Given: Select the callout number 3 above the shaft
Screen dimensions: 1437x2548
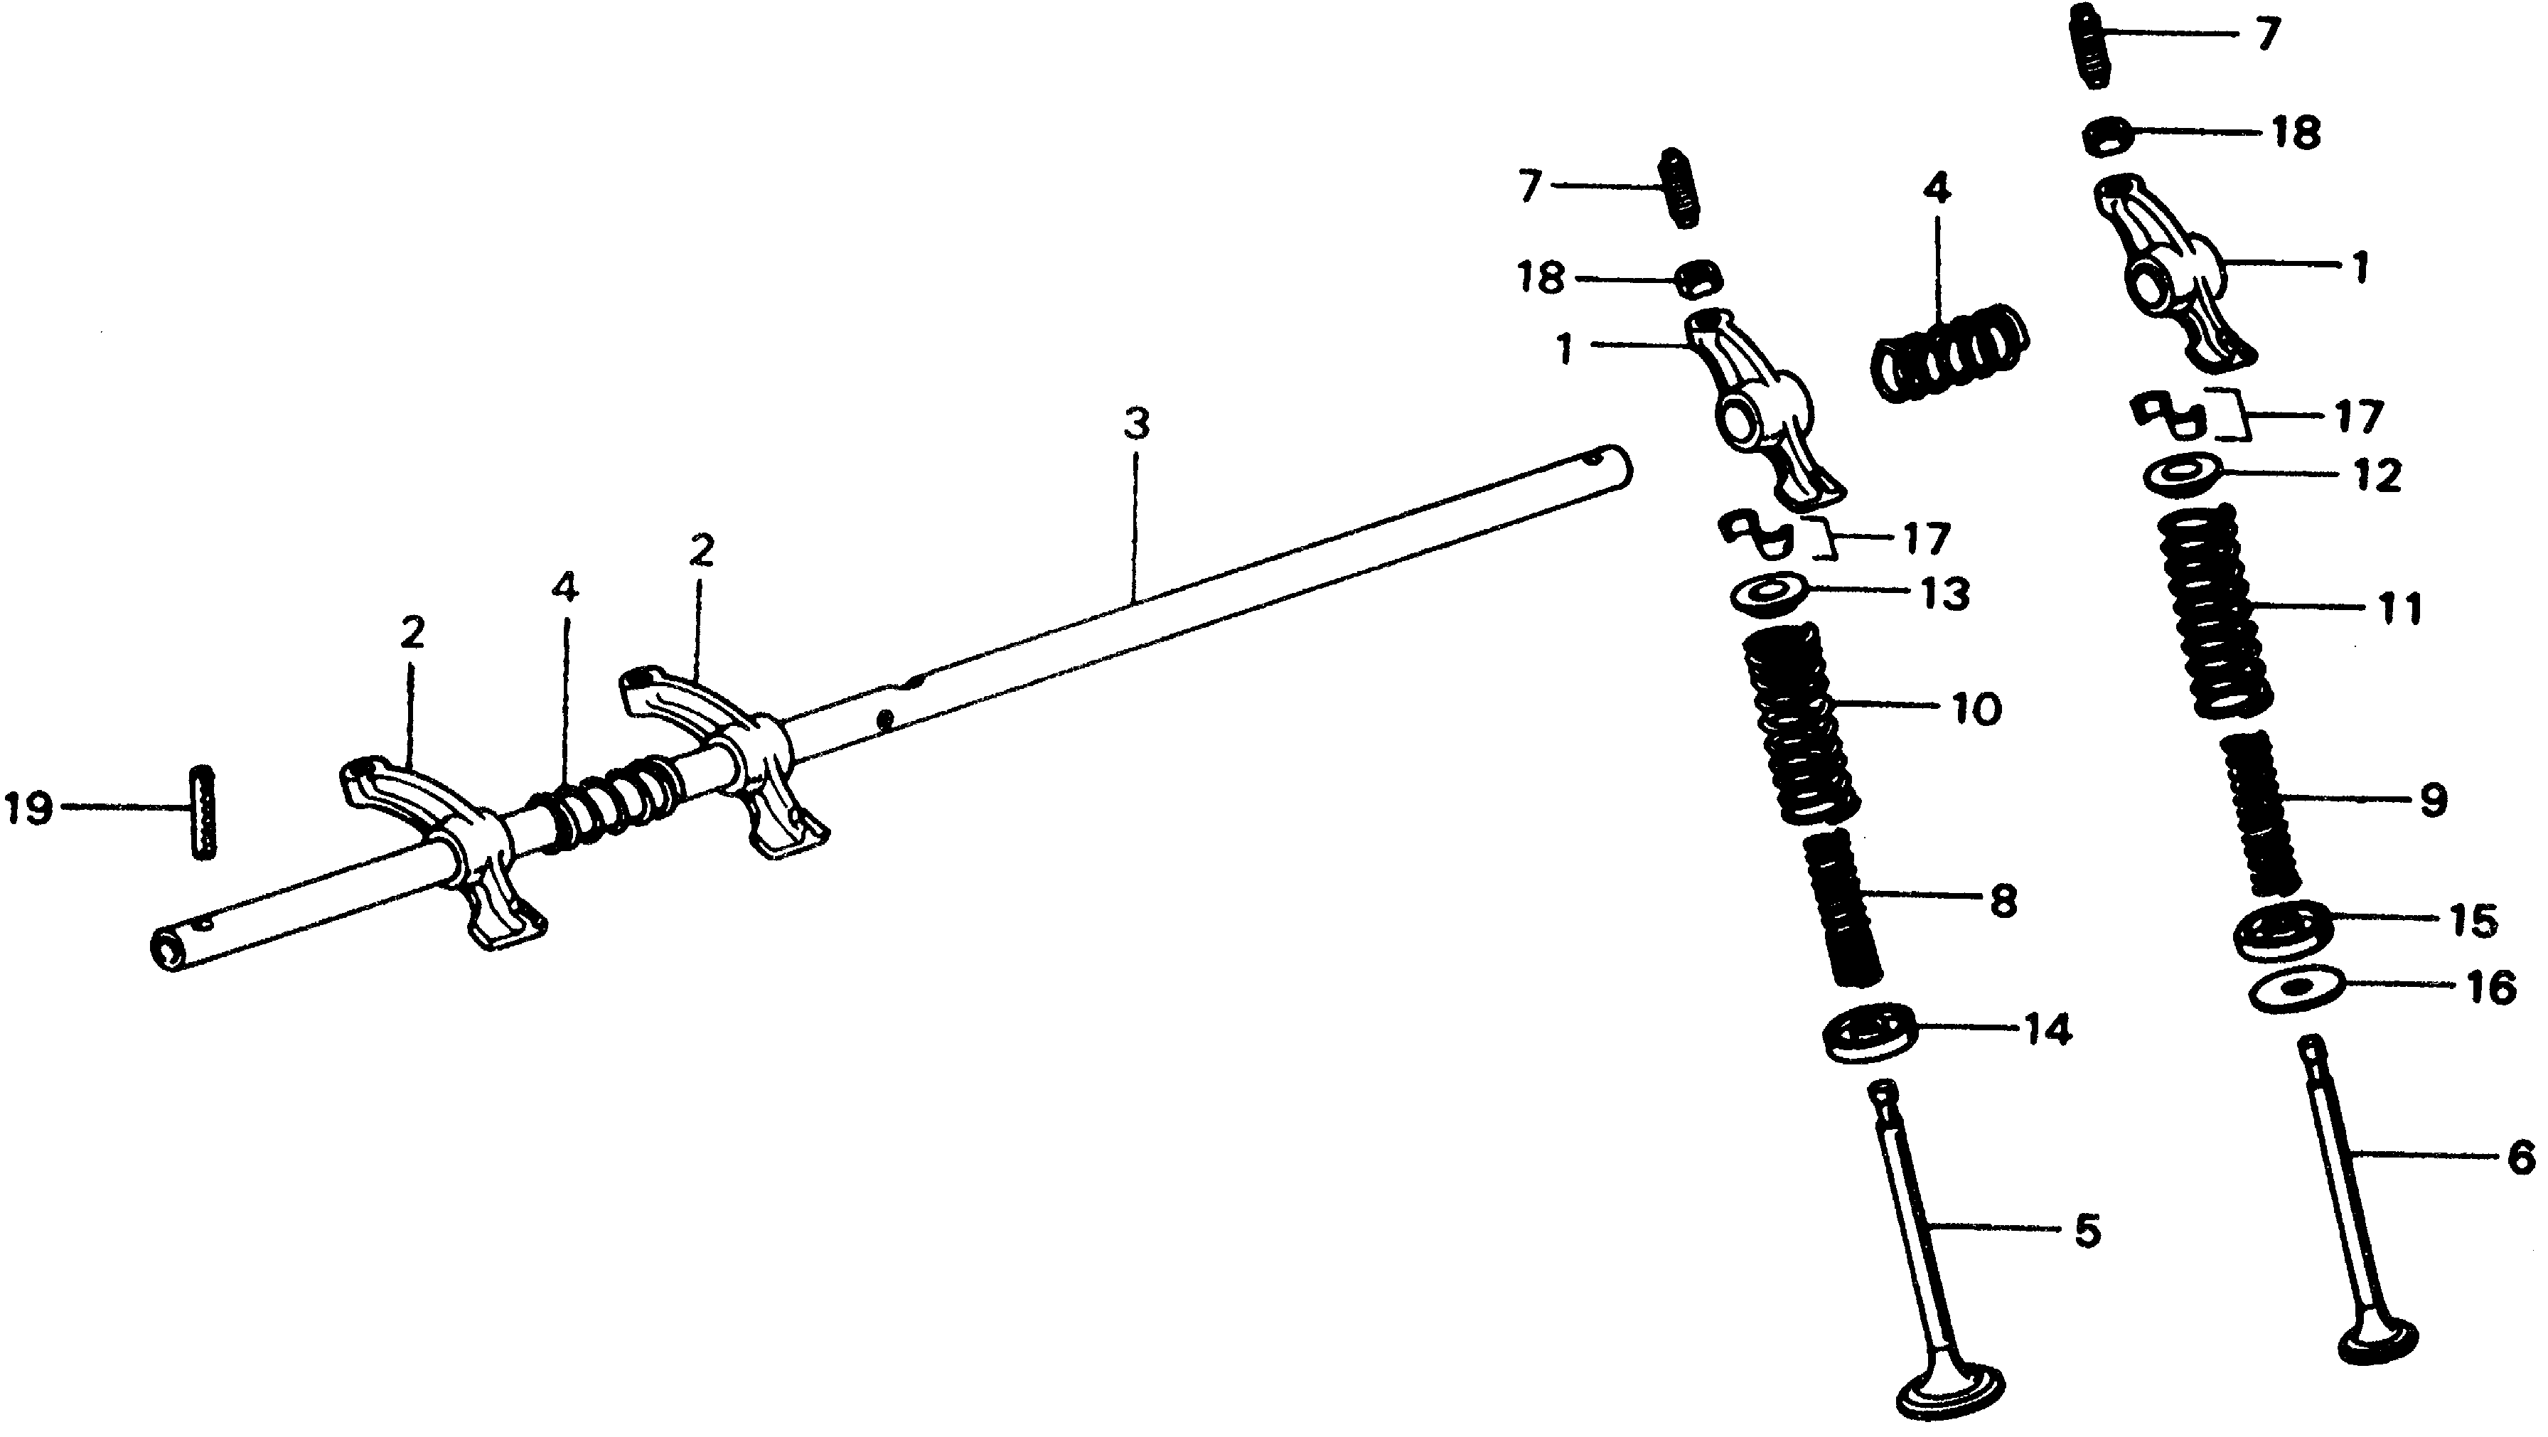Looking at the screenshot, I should point(1137,425).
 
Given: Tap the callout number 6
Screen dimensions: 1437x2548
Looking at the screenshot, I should point(2521,1155).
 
